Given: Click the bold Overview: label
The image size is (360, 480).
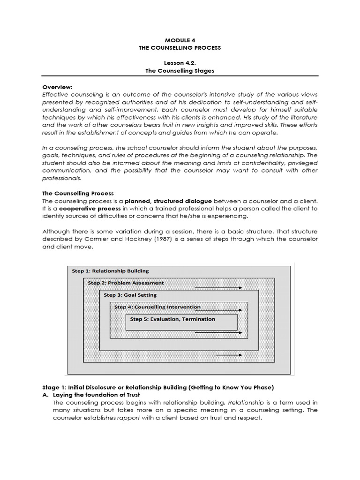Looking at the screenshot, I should point(57,87).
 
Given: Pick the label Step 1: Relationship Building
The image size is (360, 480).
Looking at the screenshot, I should point(110,271).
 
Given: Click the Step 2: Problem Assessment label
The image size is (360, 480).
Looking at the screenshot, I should point(126,283).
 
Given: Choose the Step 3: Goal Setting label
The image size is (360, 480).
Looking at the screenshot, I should point(130,295).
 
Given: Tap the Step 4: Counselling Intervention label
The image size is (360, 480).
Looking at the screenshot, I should point(157,307).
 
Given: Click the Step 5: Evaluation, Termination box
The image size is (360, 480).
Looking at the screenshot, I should point(181,321).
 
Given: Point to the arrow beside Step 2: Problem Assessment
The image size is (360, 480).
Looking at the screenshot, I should point(225,287).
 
